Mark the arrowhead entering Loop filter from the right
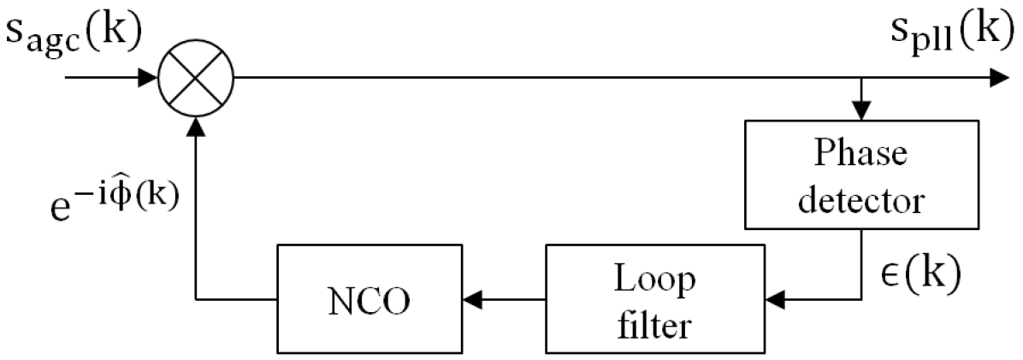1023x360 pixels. tap(777, 299)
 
